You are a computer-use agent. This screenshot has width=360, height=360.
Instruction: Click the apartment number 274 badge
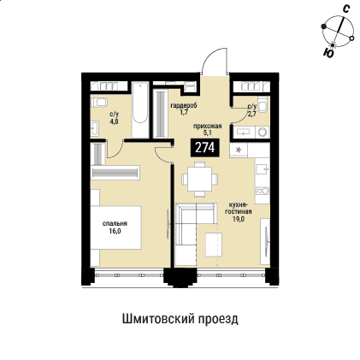[204, 147]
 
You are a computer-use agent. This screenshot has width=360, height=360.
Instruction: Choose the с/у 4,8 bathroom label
[114, 117]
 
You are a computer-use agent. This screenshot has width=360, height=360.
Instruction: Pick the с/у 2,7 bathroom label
[251, 110]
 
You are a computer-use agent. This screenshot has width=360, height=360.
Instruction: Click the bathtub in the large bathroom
[139, 109]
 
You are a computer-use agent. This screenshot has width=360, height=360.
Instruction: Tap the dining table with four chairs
[198, 179]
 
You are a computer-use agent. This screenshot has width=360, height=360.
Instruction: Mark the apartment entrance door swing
[212, 63]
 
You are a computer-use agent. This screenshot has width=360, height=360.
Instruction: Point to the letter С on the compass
[345, 9]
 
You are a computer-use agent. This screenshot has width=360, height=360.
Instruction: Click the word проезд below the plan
[220, 318]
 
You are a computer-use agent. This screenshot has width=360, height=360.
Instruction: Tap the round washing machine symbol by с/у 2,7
[262, 132]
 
